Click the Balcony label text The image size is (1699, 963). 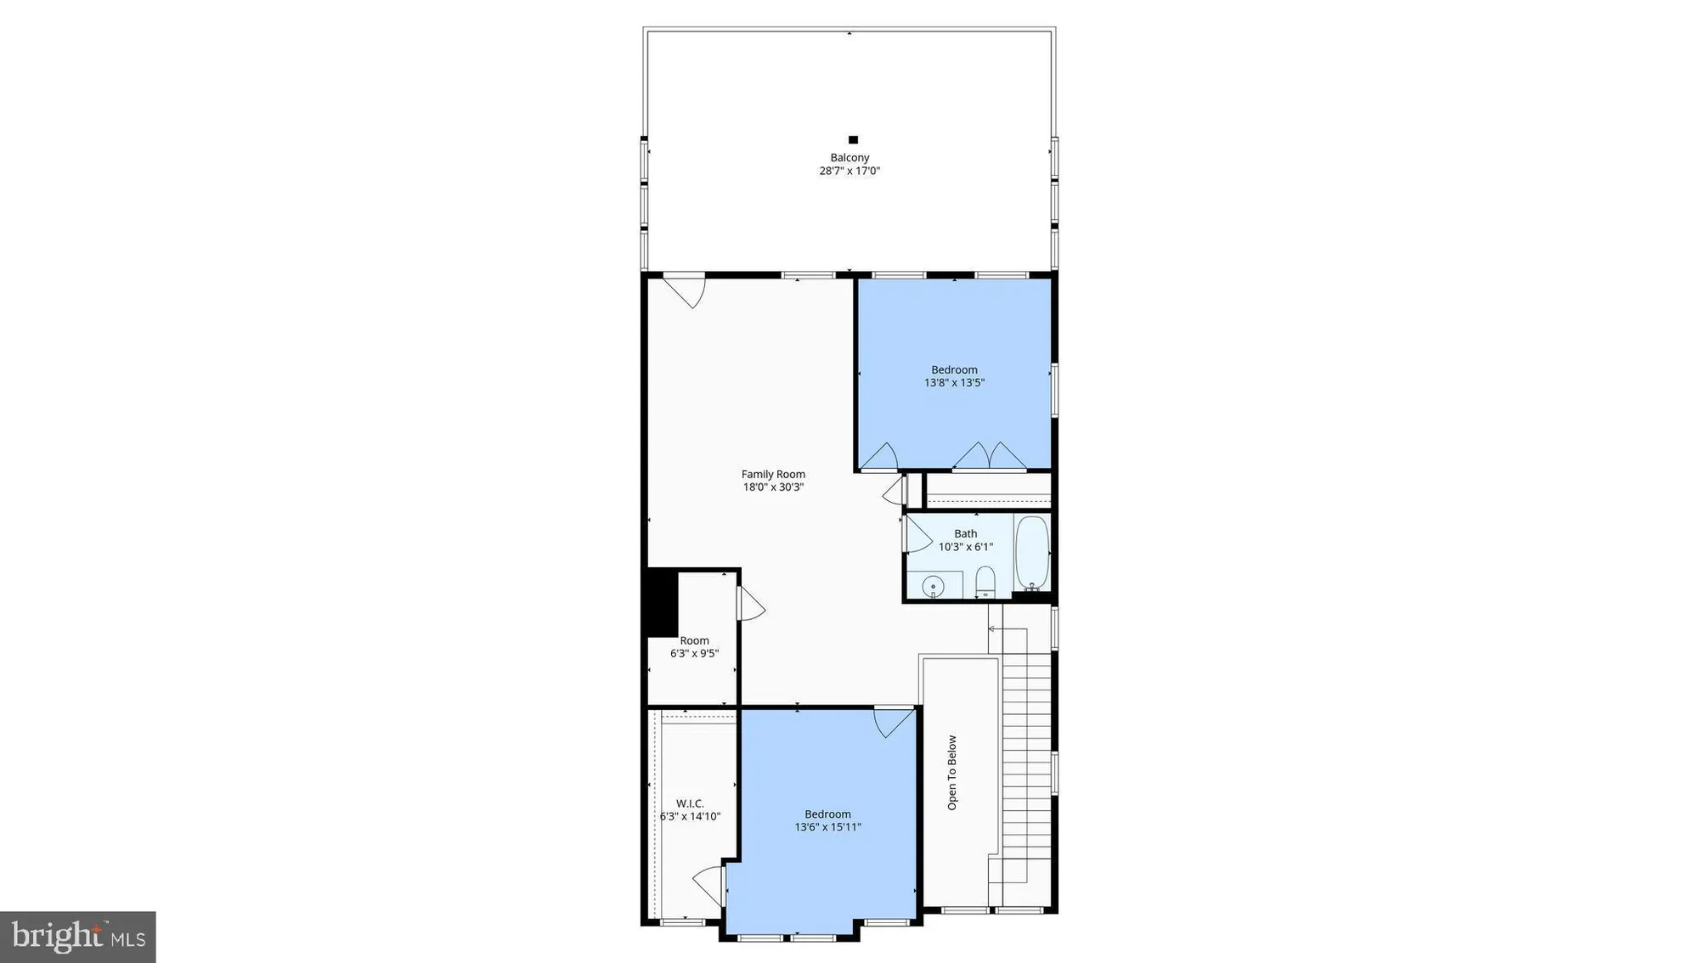pyautogui.click(x=849, y=158)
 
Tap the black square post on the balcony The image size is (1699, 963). pyautogui.click(x=853, y=140)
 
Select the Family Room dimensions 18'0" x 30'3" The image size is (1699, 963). pyautogui.click(x=773, y=487)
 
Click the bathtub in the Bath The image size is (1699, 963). pyautogui.click(x=1032, y=552)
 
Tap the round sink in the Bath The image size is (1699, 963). pyautogui.click(x=933, y=586)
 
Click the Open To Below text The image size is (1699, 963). pyautogui.click(x=951, y=772)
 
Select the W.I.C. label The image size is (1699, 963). pyautogui.click(x=690, y=803)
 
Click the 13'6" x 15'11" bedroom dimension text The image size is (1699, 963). pyautogui.click(x=827, y=827)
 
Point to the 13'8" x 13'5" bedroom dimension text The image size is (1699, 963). pyautogui.click(x=954, y=383)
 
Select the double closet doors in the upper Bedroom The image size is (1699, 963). pyautogui.click(x=990, y=456)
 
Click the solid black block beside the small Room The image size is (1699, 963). pyautogui.click(x=662, y=602)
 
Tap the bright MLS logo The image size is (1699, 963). pyautogui.click(x=77, y=937)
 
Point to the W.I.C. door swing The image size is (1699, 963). pyautogui.click(x=709, y=885)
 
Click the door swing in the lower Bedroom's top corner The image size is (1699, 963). pyautogui.click(x=894, y=723)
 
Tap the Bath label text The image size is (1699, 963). pyautogui.click(x=965, y=534)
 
